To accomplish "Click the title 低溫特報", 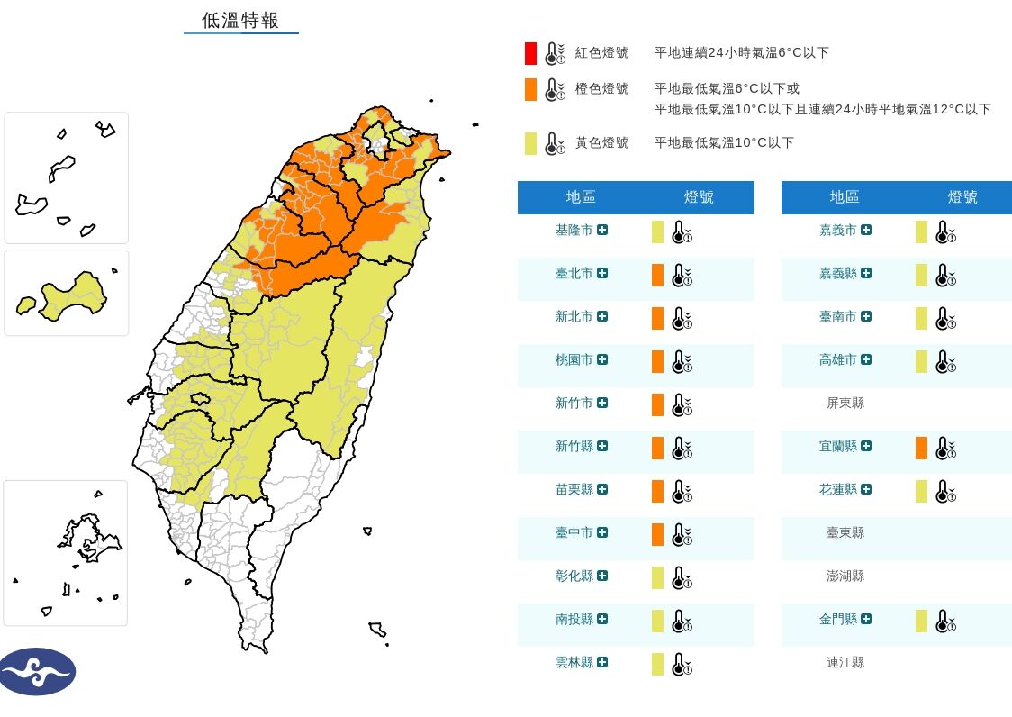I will click(240, 21).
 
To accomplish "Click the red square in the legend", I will click(531, 53).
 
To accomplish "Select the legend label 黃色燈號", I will click(601, 142).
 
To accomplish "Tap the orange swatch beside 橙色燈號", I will click(531, 89).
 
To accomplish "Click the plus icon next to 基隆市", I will click(602, 230).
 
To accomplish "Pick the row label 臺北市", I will click(574, 273).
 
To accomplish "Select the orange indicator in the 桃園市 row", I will click(657, 361).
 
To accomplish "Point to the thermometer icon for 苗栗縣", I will click(682, 492).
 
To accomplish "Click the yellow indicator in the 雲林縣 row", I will click(657, 664).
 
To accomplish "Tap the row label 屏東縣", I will click(845, 403).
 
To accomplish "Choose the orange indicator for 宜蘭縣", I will click(921, 448).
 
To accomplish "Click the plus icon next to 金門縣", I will click(866, 619).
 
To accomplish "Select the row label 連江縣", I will click(845, 662).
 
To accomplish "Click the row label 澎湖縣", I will click(845, 576).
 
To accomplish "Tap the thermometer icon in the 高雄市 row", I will click(945, 362).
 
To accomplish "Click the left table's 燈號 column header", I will click(699, 197).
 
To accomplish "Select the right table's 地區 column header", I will click(845, 197).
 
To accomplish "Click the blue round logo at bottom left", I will click(38, 672).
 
